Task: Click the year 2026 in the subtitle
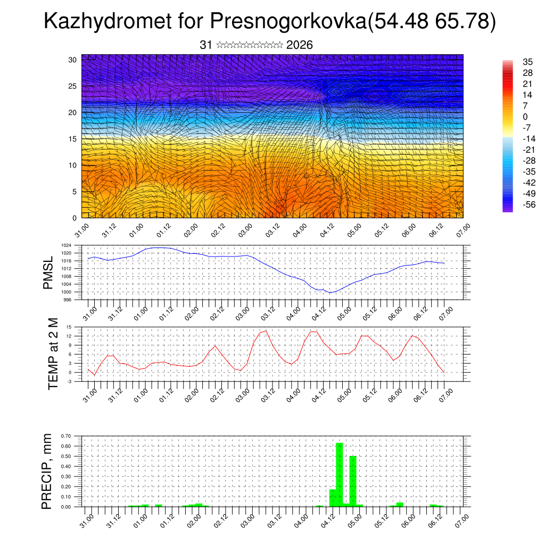tap(299, 45)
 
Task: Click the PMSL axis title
tap(48, 273)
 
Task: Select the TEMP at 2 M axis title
tap(53, 354)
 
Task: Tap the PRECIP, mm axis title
tap(48, 471)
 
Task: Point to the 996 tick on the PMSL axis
tap(68, 300)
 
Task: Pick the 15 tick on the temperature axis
tap(69, 327)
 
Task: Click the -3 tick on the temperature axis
tap(69, 381)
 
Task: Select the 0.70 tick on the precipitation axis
tap(65, 436)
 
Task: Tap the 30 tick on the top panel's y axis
tap(72, 60)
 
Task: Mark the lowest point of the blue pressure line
tap(330, 293)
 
